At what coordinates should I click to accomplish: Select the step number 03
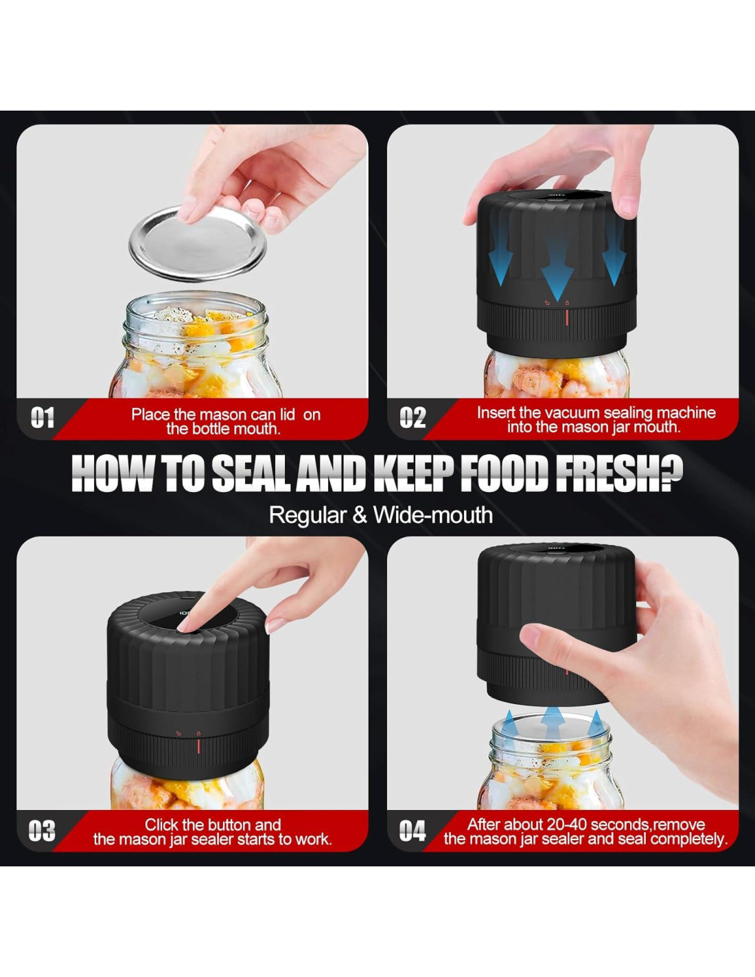point(42,831)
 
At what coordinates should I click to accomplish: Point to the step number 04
point(413,831)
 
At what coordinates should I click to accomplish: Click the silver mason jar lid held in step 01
point(198,244)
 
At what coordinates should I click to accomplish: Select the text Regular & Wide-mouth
point(380,515)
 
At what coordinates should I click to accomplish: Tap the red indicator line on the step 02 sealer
point(567,317)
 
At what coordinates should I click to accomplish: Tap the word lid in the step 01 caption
point(288,414)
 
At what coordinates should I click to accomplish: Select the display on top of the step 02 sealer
point(557,196)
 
